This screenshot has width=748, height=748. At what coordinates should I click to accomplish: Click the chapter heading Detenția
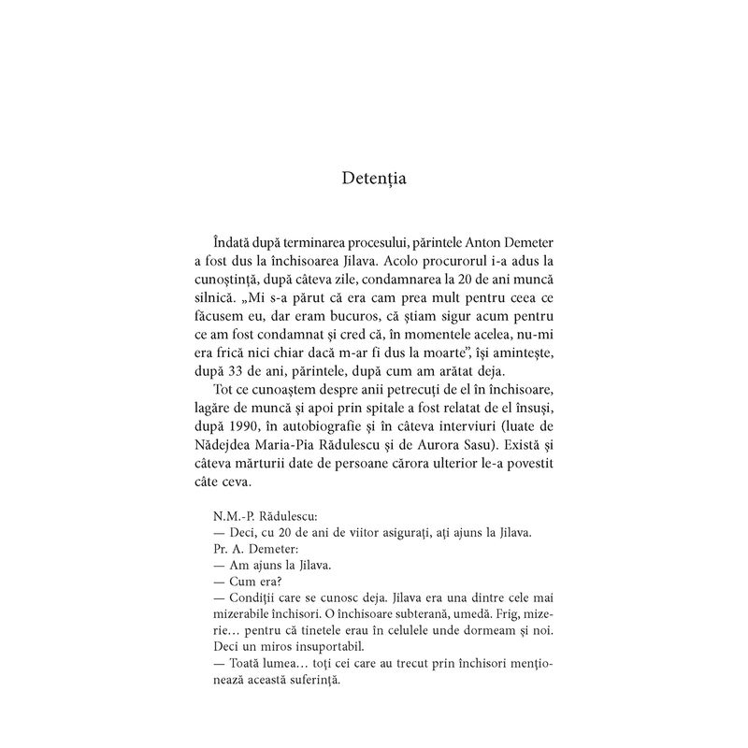374,175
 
